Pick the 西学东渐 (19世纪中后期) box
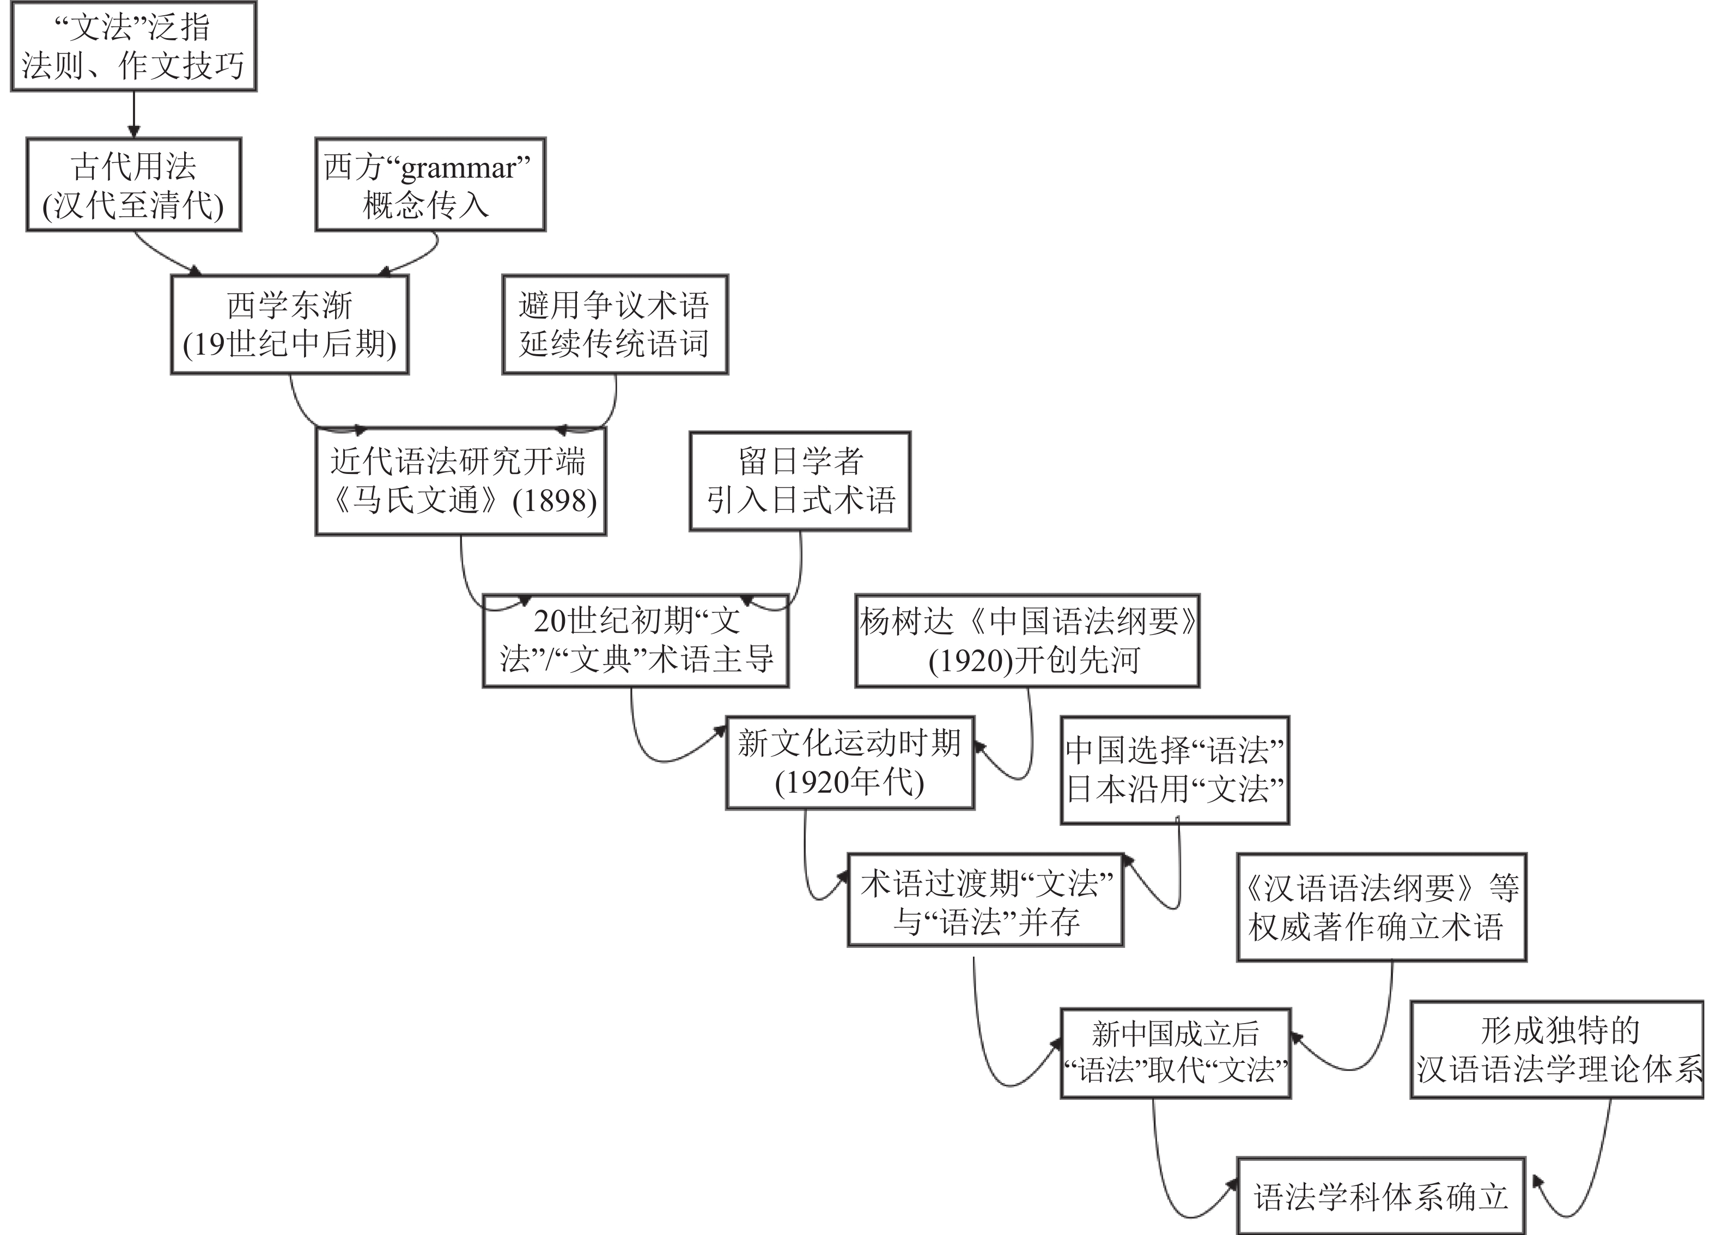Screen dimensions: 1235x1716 (290, 325)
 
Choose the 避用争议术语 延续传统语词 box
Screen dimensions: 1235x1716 (614, 325)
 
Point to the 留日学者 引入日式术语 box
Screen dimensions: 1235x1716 (800, 481)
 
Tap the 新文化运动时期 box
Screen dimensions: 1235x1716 (850, 763)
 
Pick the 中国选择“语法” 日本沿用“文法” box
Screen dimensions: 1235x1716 (1175, 770)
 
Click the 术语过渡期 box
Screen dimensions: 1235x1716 (985, 901)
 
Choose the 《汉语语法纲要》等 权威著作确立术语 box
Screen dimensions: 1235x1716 (1382, 908)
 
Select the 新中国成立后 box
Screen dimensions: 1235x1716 (1175, 1053)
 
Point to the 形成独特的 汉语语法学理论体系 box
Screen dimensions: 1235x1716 (1557, 1050)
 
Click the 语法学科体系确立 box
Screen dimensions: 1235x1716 (1381, 1196)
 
